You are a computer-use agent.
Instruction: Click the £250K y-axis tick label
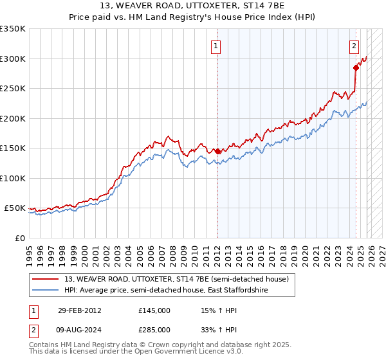(13, 89)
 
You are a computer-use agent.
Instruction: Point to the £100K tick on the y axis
(13, 178)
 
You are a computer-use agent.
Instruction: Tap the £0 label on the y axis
(19, 238)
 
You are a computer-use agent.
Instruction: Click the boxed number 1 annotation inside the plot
(216, 46)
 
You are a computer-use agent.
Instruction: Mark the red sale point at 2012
(217, 151)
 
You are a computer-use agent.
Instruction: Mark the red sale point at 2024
(356, 67)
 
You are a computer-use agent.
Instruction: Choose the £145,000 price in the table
(154, 310)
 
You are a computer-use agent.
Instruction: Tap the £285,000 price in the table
(154, 330)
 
